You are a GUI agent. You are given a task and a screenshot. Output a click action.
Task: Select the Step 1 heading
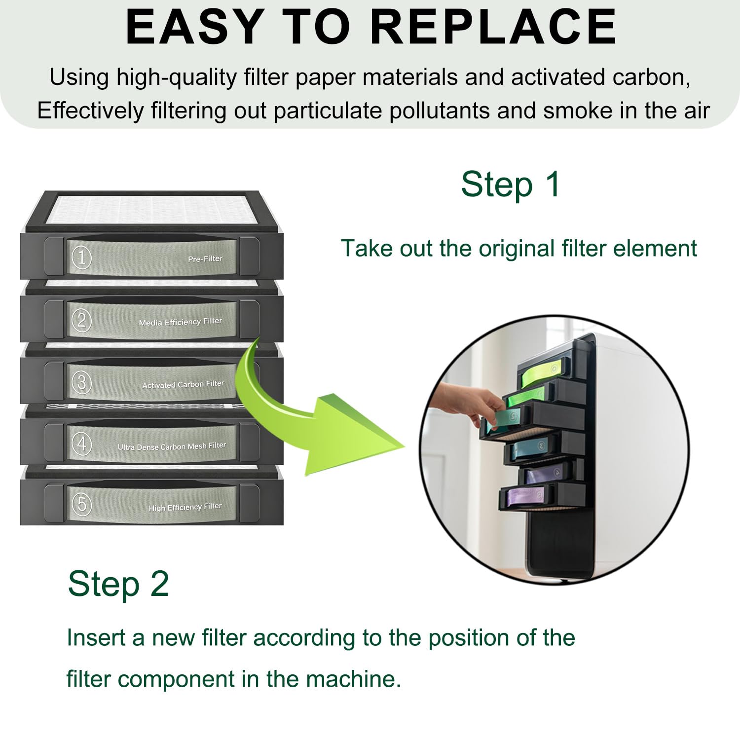click(x=511, y=185)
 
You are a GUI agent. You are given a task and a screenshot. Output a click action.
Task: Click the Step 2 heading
click(x=118, y=584)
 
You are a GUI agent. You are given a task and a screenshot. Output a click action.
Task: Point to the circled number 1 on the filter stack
click(x=82, y=258)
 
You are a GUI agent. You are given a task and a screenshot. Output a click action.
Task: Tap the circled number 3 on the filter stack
click(x=82, y=382)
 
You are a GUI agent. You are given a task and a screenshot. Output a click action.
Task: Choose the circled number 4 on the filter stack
click(x=82, y=444)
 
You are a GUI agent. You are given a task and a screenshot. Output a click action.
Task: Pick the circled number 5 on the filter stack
click(x=82, y=504)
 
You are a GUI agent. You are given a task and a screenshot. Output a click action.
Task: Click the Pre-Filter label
click(x=205, y=259)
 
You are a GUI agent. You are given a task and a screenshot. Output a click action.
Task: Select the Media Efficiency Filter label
click(x=181, y=322)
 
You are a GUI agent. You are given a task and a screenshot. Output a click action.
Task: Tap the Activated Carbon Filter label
click(x=183, y=384)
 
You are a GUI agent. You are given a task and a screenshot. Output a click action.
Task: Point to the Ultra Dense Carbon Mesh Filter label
click(x=172, y=446)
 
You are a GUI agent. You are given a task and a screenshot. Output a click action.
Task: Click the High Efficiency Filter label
click(x=185, y=507)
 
